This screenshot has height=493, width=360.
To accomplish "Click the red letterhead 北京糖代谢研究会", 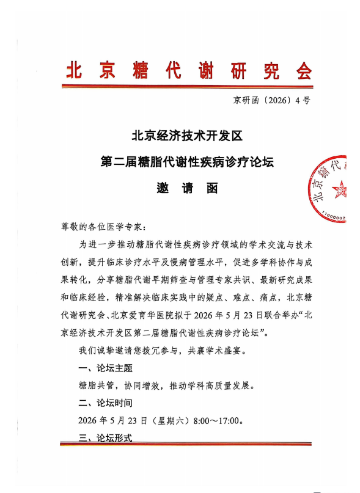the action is tap(188, 70).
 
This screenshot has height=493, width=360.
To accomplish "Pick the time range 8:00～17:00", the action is tap(219, 421).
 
